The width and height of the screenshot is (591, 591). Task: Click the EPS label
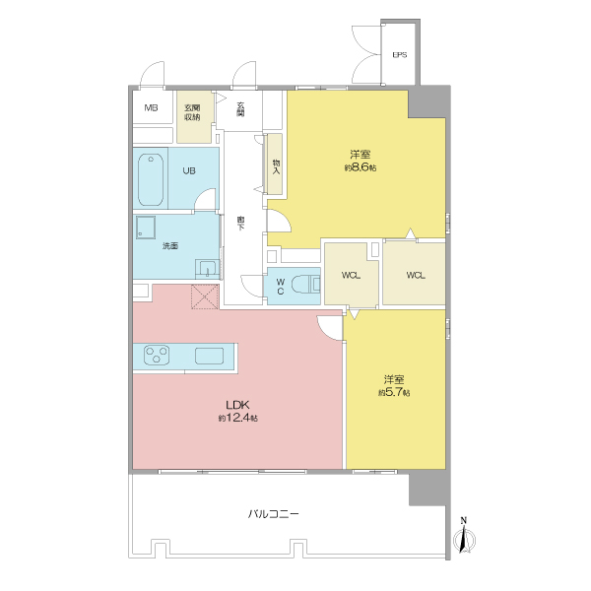click(400, 54)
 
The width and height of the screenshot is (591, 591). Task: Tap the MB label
click(151, 107)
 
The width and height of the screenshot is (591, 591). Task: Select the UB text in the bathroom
click(189, 170)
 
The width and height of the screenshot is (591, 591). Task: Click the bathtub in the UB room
click(151, 179)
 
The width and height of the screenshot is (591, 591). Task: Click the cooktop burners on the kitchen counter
click(157, 356)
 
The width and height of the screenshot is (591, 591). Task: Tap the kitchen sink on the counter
click(209, 356)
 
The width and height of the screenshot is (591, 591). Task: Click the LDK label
click(237, 405)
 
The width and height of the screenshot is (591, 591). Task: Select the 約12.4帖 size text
click(238, 418)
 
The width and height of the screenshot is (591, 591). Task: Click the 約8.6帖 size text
click(361, 167)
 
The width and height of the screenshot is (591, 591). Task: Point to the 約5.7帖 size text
click(394, 392)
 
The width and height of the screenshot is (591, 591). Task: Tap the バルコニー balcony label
click(274, 514)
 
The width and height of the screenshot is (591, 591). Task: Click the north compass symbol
click(464, 536)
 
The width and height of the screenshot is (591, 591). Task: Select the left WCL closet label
click(351, 275)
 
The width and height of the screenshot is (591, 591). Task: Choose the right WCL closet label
click(416, 275)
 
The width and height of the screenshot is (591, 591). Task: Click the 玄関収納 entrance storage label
click(192, 112)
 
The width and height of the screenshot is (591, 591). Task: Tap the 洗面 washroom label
click(170, 246)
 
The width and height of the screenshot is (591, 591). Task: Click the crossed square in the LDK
click(205, 296)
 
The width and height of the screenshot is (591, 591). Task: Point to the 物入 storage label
click(276, 166)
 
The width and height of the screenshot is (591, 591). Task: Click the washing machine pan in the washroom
click(146, 228)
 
